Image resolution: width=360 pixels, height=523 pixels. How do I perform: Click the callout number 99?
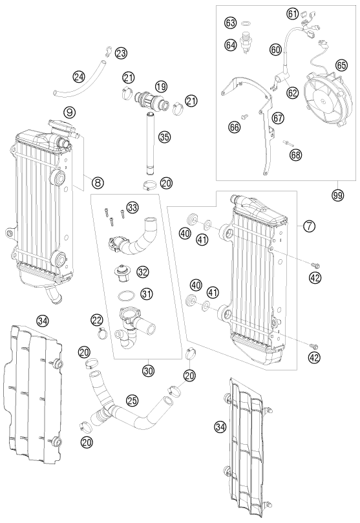[x=337, y=196]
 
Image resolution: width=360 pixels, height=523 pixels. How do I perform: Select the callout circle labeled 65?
[x=341, y=65]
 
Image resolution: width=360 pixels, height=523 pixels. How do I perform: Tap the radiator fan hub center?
[x=323, y=100]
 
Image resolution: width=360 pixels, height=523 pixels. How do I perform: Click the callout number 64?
[x=230, y=45]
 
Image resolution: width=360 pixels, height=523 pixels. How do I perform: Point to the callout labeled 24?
[x=79, y=78]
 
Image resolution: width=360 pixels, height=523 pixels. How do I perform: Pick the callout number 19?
[x=161, y=87]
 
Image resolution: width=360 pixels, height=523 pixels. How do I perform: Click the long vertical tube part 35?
[x=150, y=144]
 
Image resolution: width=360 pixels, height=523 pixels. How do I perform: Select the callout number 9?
[x=69, y=112]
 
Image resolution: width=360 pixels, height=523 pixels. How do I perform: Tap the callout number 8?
[x=98, y=182]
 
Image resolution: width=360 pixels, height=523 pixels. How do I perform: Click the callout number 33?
[x=132, y=208]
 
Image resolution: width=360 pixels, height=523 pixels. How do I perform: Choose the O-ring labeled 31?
[x=126, y=295]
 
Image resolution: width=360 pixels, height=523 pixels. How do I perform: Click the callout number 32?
[x=143, y=272]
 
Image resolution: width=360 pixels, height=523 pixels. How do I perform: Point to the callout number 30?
[x=149, y=370]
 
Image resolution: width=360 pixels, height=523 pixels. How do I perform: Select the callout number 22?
[x=97, y=321]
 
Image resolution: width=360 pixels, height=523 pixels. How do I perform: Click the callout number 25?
[x=132, y=401]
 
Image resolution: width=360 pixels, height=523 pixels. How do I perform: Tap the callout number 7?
[x=310, y=226]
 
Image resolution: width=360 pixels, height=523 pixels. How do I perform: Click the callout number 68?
[x=296, y=155]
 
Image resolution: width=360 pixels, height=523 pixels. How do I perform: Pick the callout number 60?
[x=276, y=50]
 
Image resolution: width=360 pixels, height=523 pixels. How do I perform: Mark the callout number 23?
[x=121, y=53]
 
